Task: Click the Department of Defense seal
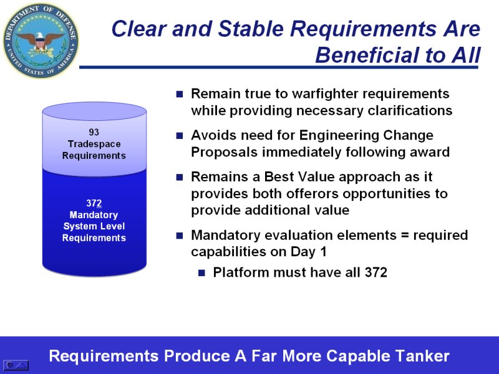(41, 41)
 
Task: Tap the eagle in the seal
(41, 41)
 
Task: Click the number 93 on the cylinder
(94, 132)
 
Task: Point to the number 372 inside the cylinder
(94, 203)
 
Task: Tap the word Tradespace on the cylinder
(94, 144)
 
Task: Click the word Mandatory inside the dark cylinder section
(94, 215)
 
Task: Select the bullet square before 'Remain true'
(180, 94)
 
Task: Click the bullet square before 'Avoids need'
(180, 136)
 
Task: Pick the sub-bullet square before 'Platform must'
(201, 273)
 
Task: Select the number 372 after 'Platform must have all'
(376, 272)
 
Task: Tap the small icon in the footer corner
(16, 365)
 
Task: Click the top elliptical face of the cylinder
(95, 112)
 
